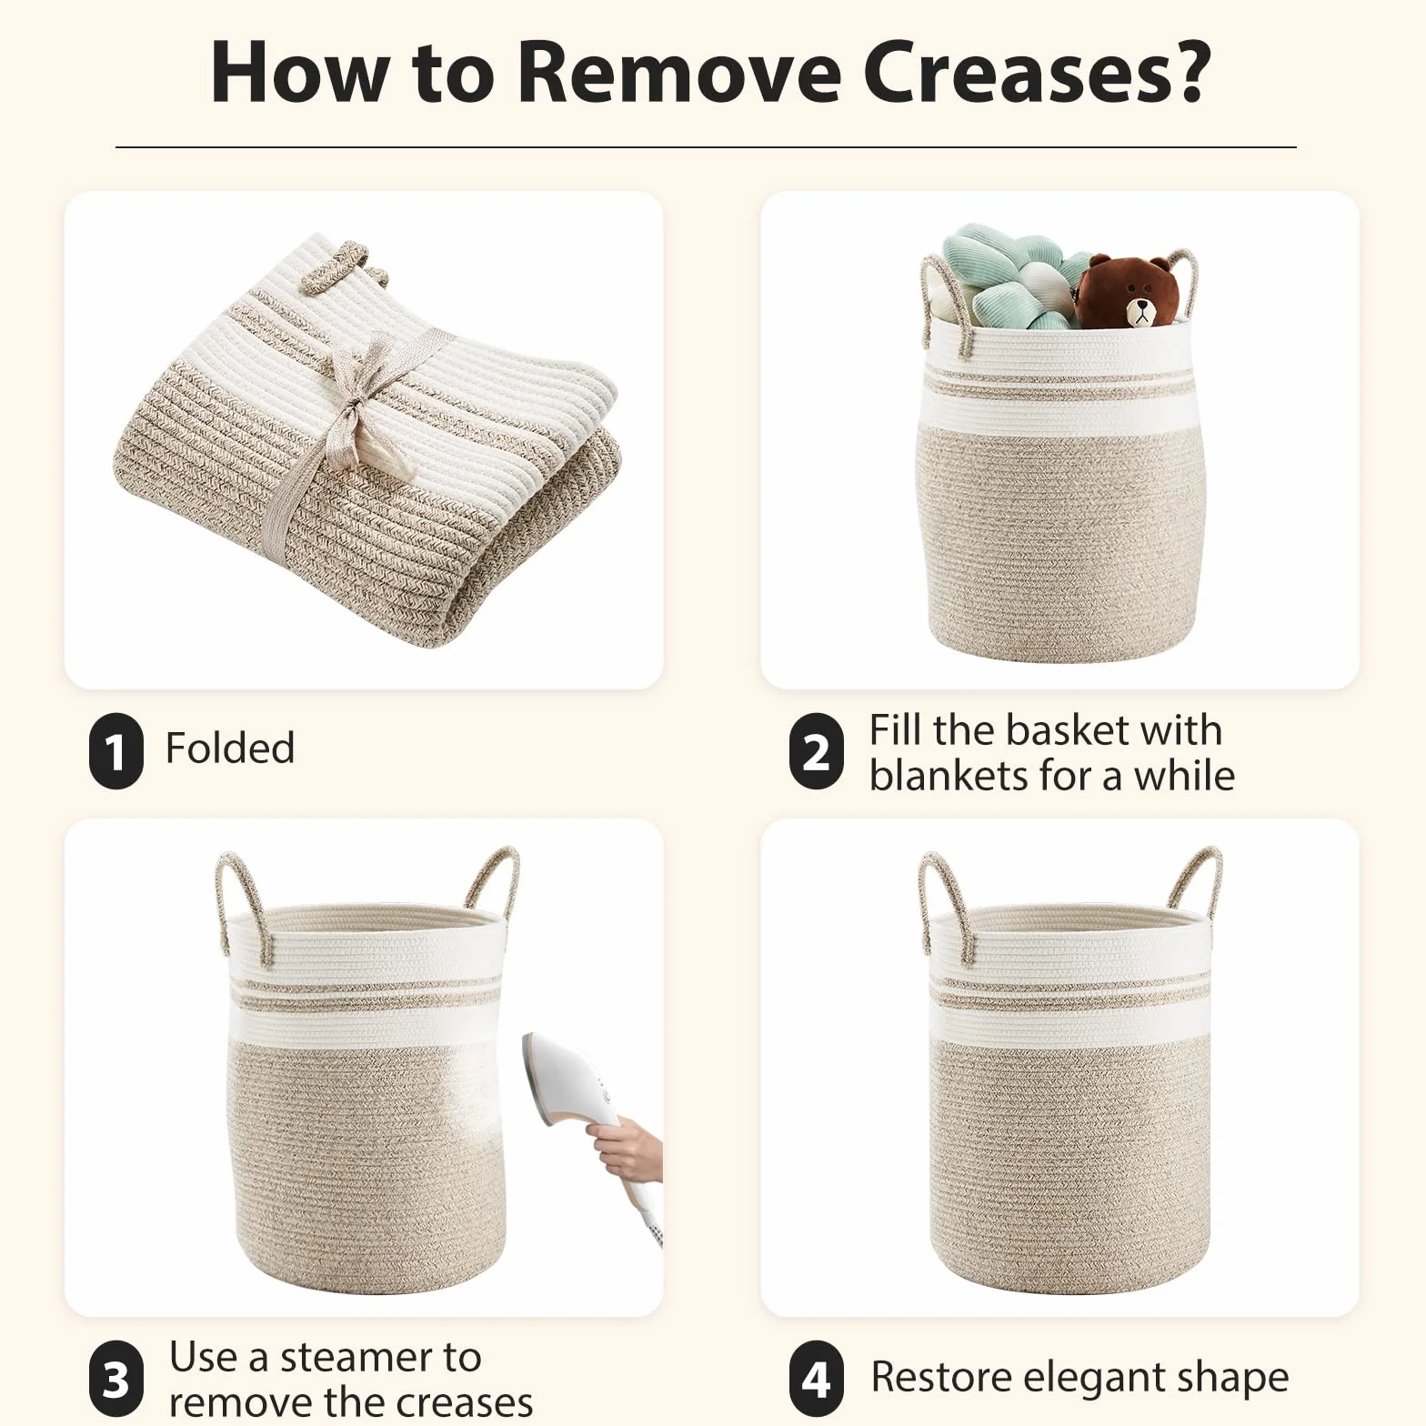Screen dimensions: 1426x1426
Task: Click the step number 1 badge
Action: tap(115, 750)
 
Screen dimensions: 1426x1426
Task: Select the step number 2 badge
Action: tap(816, 750)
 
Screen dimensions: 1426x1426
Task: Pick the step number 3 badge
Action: tap(115, 1378)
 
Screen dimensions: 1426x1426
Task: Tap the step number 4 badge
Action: tap(816, 1378)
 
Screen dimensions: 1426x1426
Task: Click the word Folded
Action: tap(230, 748)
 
